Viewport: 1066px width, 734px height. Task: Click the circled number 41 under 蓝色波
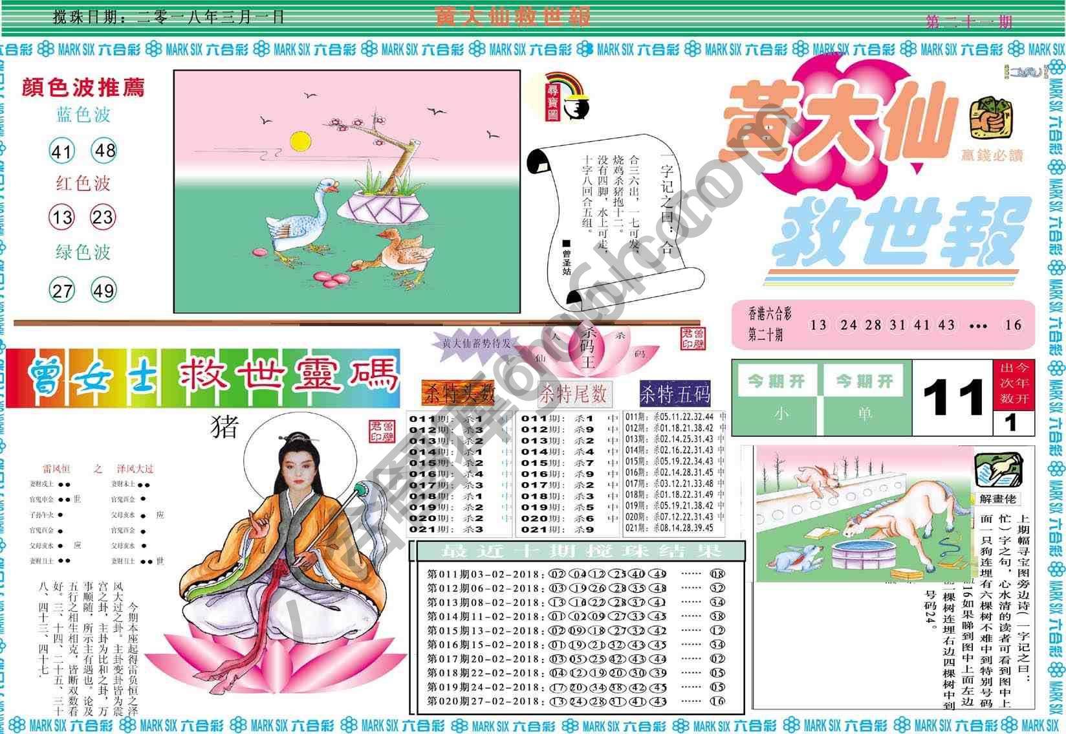tap(62, 151)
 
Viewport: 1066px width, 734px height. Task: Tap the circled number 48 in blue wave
tap(104, 150)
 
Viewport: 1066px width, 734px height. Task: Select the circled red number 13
tap(62, 217)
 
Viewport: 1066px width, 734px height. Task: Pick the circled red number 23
tap(103, 217)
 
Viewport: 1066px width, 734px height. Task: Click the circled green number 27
tap(62, 290)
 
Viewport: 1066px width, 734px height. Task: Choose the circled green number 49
tap(103, 290)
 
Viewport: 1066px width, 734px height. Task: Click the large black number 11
tap(953, 397)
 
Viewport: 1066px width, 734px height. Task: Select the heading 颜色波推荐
tap(83, 87)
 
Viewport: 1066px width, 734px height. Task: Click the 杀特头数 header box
tap(459, 393)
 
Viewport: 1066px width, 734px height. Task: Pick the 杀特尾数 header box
tap(574, 393)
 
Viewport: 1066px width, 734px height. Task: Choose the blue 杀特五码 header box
tap(675, 393)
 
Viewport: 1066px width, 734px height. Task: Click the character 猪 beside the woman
tap(224, 427)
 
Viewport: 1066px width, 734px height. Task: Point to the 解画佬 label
tap(998, 498)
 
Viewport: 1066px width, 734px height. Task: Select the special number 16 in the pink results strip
tap(1013, 325)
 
